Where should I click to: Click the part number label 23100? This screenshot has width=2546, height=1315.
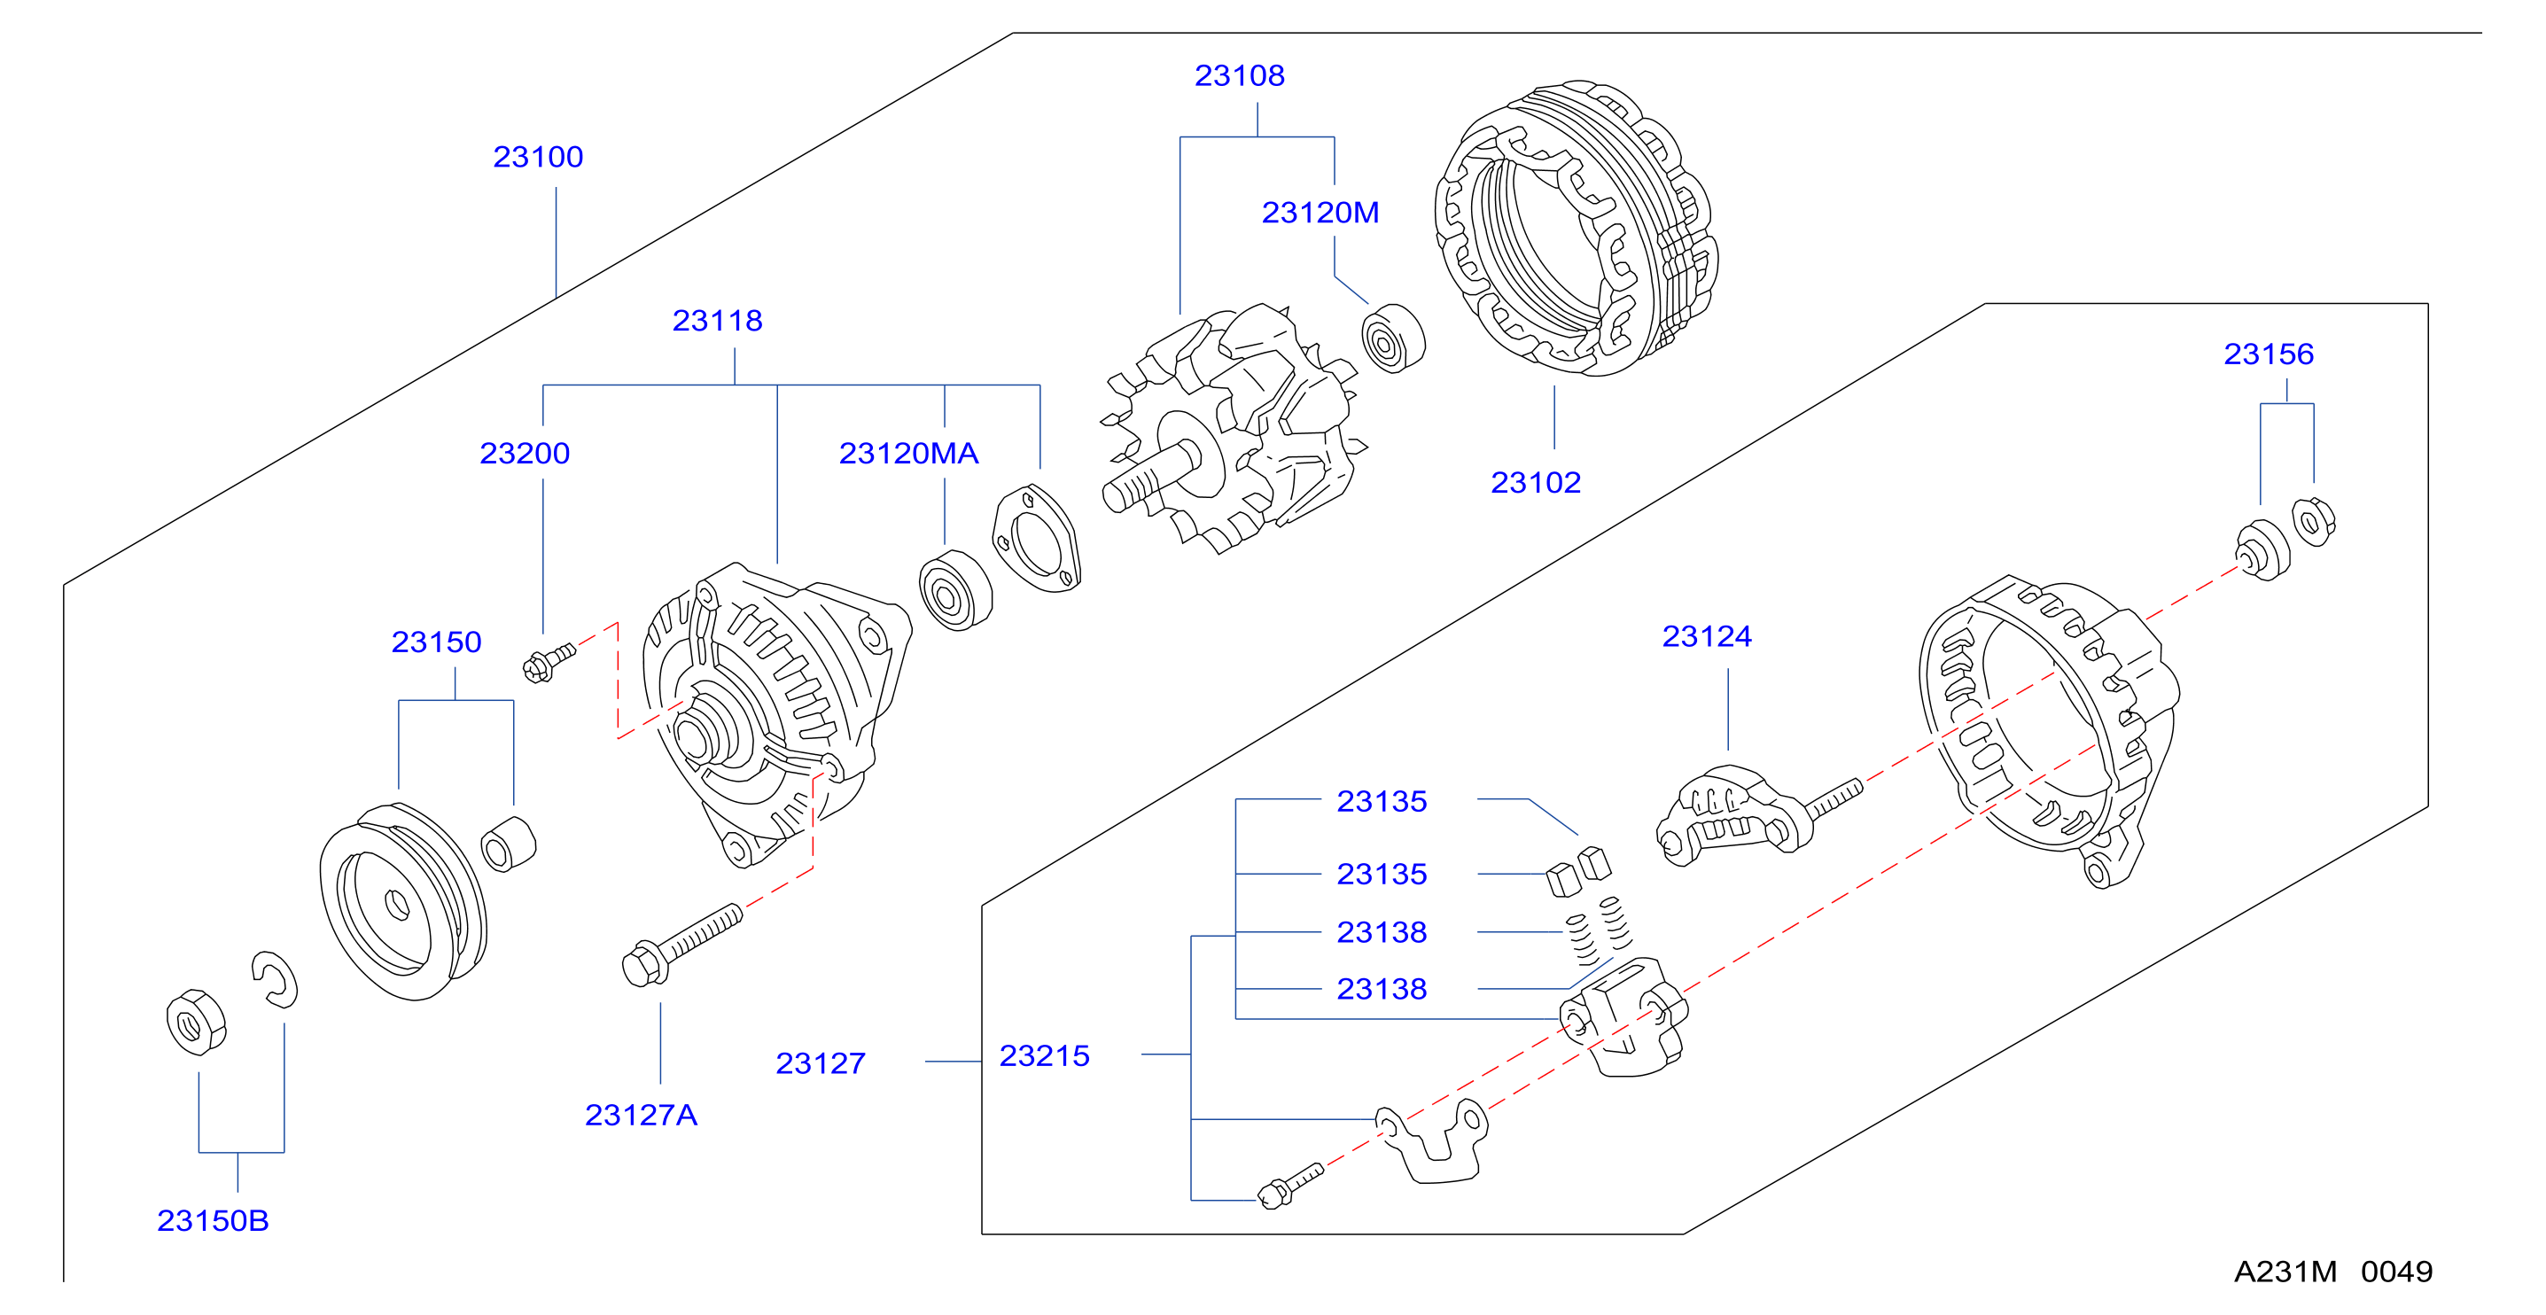coord(538,157)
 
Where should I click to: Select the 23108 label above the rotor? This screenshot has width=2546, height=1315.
coord(1240,76)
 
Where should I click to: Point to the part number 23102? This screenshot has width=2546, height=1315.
coord(1535,483)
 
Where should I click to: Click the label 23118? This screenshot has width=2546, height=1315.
coord(717,321)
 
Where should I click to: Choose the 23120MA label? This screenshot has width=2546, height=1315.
coord(908,454)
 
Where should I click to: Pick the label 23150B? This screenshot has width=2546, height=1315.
coord(213,1221)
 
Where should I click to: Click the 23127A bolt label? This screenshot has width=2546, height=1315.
coord(641,1116)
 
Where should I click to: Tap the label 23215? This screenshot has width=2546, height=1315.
coord(1044,1056)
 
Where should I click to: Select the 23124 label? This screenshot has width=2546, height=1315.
coord(1706,637)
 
